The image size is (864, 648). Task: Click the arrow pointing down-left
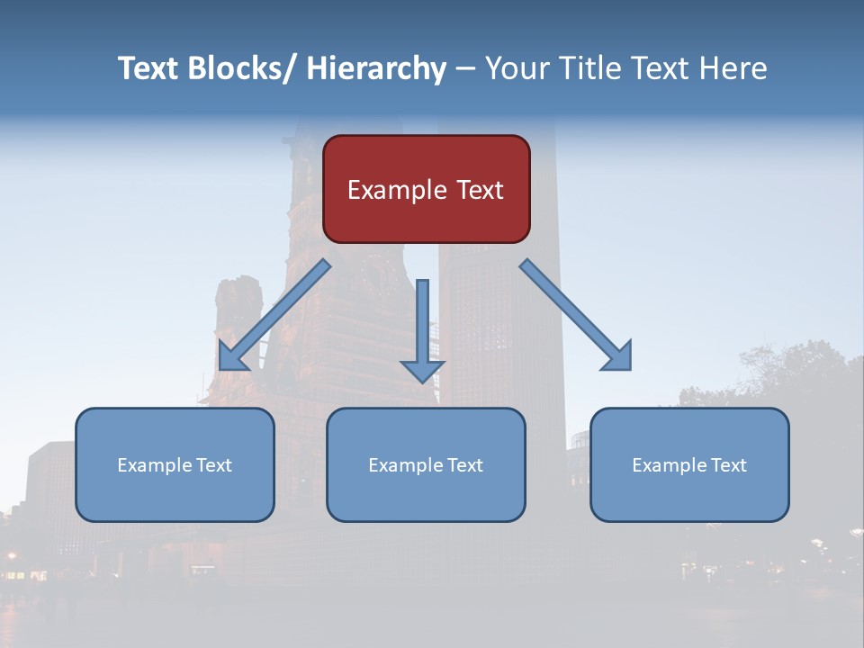274,315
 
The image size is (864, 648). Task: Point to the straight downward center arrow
422,328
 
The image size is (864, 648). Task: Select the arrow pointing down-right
576,315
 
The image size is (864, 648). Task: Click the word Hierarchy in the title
376,68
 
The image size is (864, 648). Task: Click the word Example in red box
397,191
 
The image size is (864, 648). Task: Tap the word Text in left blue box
214,465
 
